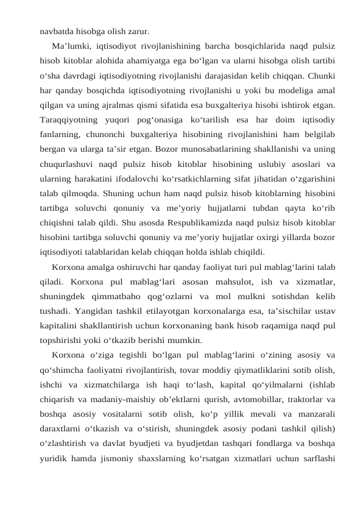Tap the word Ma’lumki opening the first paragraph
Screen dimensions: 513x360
coord(72,46)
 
